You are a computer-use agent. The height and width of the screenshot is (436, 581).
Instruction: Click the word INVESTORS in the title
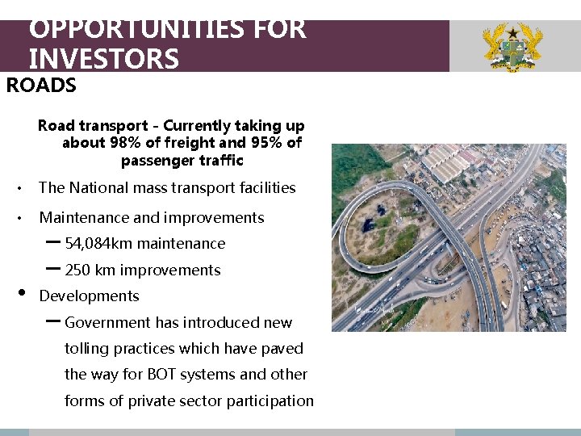tap(103, 59)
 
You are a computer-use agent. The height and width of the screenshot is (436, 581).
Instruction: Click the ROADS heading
tap(41, 86)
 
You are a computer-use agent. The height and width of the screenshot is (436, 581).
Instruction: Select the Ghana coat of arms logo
tap(512, 48)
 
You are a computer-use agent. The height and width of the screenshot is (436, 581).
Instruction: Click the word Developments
tap(89, 296)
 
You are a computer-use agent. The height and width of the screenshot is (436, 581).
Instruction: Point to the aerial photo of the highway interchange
tap(449, 238)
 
